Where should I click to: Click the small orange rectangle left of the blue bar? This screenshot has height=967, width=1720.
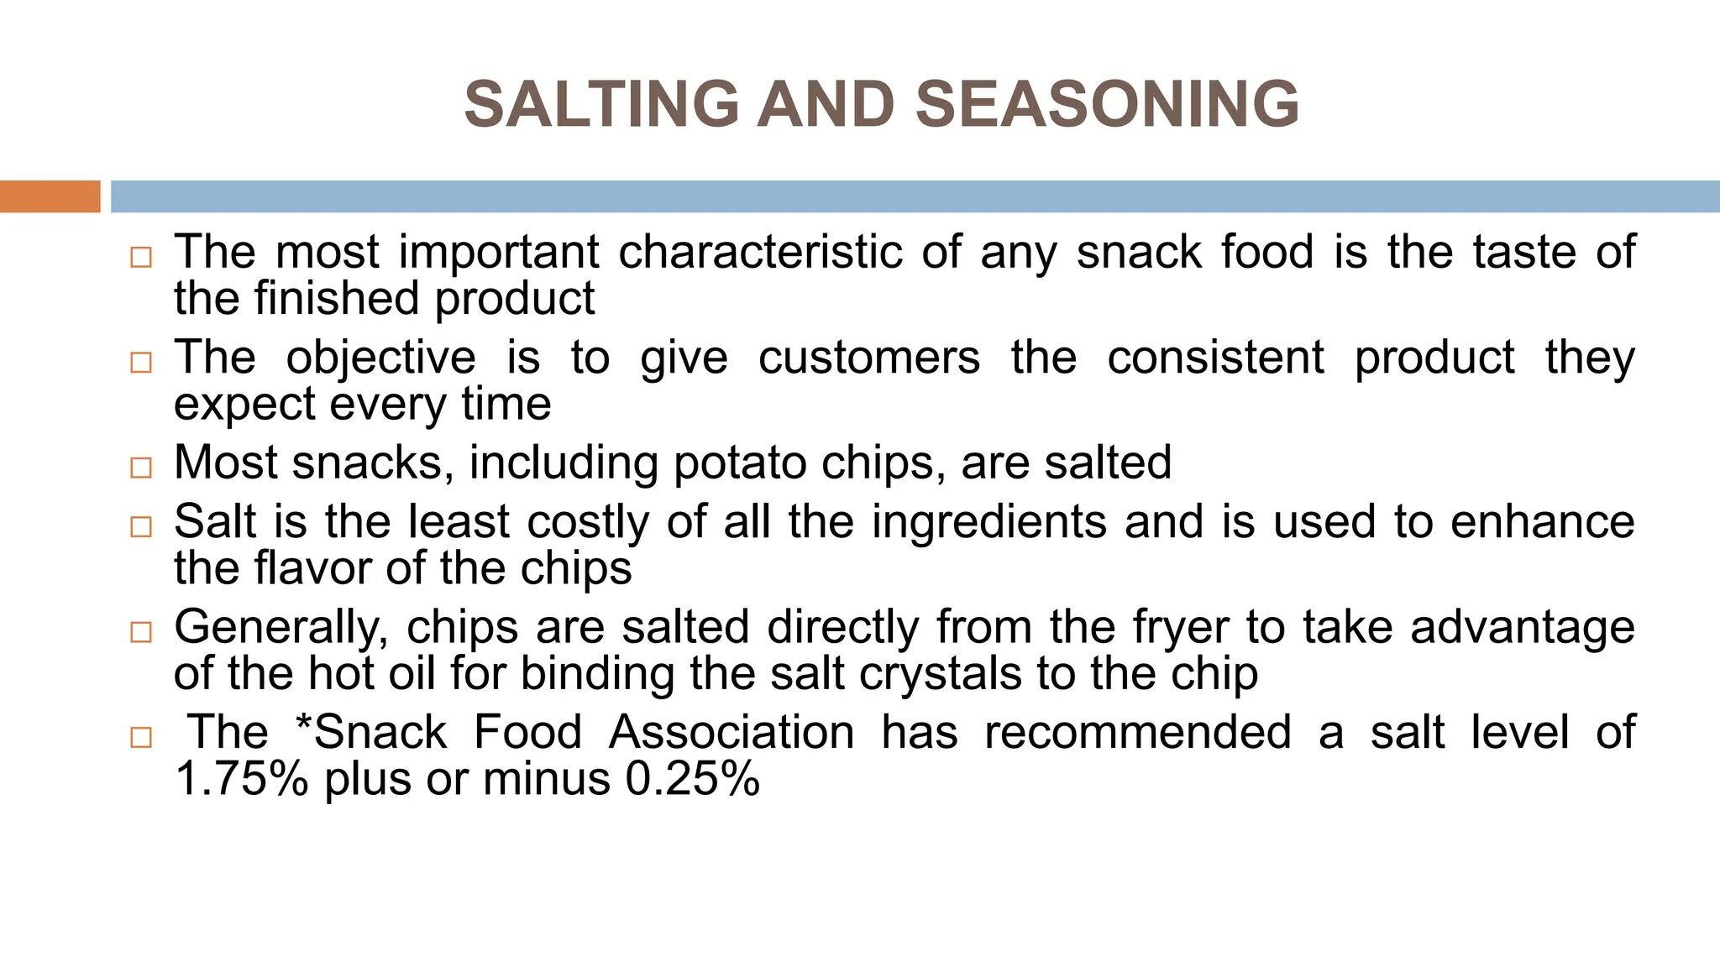click(50, 196)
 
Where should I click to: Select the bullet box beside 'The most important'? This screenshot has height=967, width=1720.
click(141, 257)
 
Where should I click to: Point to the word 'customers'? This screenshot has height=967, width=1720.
click(868, 358)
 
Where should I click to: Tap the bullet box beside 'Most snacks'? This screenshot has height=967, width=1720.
click(141, 468)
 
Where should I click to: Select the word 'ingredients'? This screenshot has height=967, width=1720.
click(989, 521)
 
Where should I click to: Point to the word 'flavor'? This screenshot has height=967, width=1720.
click(312, 568)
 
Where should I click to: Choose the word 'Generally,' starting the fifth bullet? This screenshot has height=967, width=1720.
click(281, 628)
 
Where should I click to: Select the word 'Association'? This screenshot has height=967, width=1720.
click(731, 732)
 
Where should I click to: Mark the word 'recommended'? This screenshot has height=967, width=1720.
click(1137, 732)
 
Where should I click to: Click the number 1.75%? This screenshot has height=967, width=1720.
click(242, 779)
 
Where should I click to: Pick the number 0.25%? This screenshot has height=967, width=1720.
click(692, 779)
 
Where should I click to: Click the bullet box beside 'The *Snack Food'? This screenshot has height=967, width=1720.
click(141, 738)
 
